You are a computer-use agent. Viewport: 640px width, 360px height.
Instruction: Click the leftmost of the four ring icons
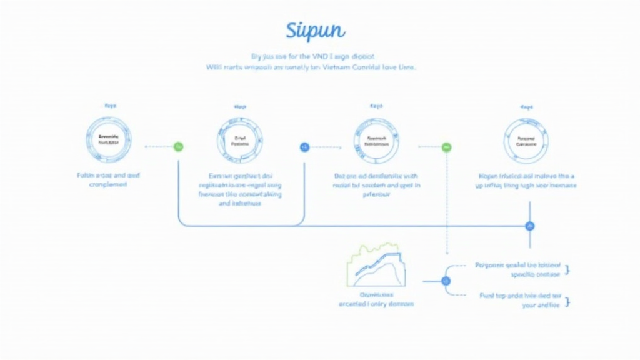click(108, 139)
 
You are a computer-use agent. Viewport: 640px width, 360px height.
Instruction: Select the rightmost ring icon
click(526, 139)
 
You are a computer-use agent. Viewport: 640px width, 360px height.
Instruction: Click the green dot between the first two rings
click(178, 146)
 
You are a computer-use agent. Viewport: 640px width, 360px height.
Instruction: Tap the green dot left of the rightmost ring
click(446, 147)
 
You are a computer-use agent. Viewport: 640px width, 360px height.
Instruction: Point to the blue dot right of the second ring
click(305, 147)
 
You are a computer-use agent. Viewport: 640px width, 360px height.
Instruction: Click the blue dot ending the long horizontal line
click(530, 226)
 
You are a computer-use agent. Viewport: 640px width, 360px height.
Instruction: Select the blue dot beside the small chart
click(446, 281)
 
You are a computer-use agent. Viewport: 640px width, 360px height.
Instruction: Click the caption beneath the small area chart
click(376, 299)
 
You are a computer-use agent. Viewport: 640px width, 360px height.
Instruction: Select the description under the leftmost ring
click(108, 180)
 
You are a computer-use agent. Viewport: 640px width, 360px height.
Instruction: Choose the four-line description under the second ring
click(240, 190)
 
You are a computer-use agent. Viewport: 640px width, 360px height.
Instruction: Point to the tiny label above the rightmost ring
click(526, 107)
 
